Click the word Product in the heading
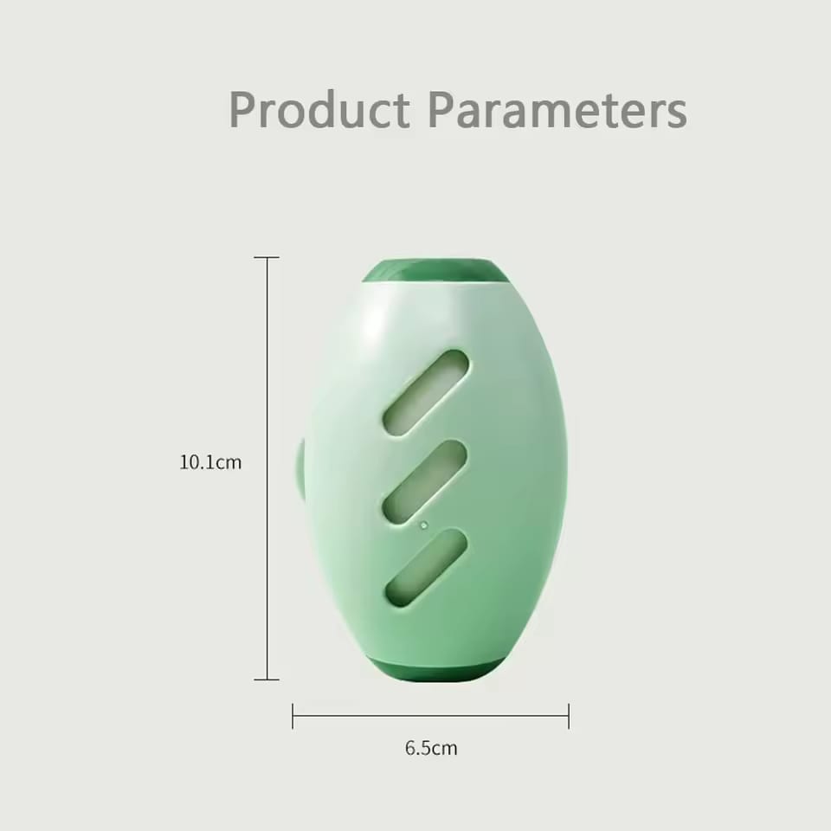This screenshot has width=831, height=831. point(319,110)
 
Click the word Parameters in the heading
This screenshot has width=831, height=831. point(558,110)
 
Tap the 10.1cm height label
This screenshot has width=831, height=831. point(210,462)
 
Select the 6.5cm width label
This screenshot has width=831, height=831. point(431,748)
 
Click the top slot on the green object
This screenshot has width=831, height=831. point(426,393)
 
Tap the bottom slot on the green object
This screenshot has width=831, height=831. point(426,568)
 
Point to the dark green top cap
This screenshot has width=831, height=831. point(435,271)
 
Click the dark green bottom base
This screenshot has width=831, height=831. point(436,670)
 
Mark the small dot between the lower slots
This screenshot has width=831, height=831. point(423,525)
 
